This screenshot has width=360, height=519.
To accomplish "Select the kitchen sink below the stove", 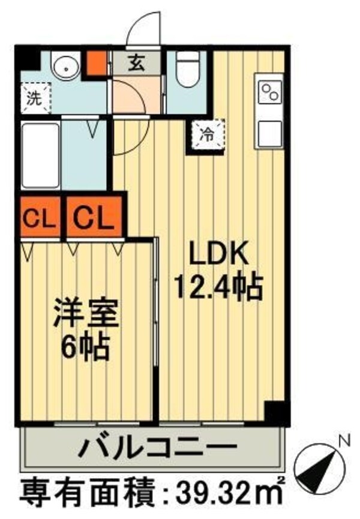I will pyautogui.click(x=269, y=133).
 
